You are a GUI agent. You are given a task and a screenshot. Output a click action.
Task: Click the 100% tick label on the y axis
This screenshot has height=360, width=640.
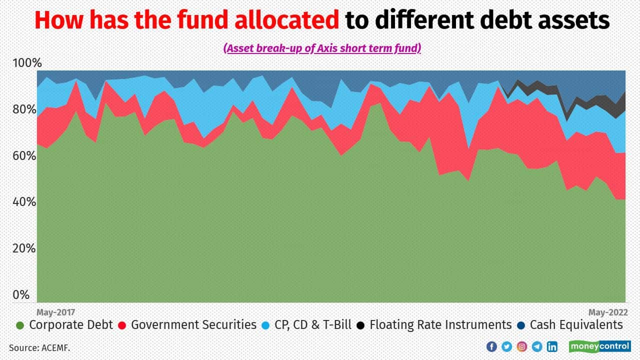point(27,63)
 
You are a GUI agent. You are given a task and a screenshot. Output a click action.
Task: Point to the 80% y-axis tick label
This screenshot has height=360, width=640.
point(24,109)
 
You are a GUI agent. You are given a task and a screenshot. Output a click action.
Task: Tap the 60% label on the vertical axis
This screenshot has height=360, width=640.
point(24,156)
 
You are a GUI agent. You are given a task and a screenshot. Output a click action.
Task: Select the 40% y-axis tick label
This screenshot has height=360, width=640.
point(24,202)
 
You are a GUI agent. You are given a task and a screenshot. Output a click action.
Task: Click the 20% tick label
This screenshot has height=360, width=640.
point(24,248)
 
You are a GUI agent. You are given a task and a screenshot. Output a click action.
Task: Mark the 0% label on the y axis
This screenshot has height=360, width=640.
point(21,295)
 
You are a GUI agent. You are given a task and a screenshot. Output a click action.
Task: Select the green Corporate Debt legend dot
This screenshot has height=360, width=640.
point(20,325)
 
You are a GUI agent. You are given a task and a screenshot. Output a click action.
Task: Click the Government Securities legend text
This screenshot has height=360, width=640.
point(193,325)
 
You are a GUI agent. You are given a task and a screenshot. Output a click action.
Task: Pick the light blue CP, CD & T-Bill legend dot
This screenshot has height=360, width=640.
point(266,325)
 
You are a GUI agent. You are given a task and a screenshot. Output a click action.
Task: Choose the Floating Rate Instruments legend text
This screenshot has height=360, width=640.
point(440,325)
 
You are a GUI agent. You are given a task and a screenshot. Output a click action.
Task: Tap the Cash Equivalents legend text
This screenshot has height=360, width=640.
point(576,325)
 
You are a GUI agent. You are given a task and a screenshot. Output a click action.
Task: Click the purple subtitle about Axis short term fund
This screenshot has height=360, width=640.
point(322,48)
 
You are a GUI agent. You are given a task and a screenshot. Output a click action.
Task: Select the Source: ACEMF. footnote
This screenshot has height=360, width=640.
point(39,347)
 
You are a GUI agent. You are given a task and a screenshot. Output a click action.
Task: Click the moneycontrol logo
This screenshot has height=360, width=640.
point(599,346)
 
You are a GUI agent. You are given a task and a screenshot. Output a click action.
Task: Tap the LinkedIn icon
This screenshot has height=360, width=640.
point(552,346)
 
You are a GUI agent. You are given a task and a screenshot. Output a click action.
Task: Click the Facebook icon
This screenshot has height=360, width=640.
point(491,346)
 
